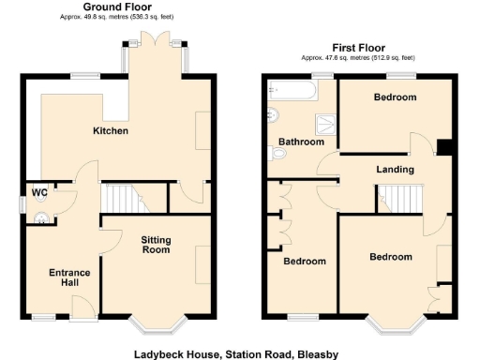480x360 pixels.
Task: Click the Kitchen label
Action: click(x=110, y=130)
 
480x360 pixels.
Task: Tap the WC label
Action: click(x=39, y=192)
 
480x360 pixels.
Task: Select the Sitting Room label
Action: click(x=156, y=246)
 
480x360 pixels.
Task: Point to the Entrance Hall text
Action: click(x=69, y=277)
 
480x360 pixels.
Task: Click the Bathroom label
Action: click(x=301, y=142)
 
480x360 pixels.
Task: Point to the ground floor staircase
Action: click(x=119, y=199)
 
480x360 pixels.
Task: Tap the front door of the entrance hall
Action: click(x=82, y=306)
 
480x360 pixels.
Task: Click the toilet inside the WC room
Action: click(x=42, y=220)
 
